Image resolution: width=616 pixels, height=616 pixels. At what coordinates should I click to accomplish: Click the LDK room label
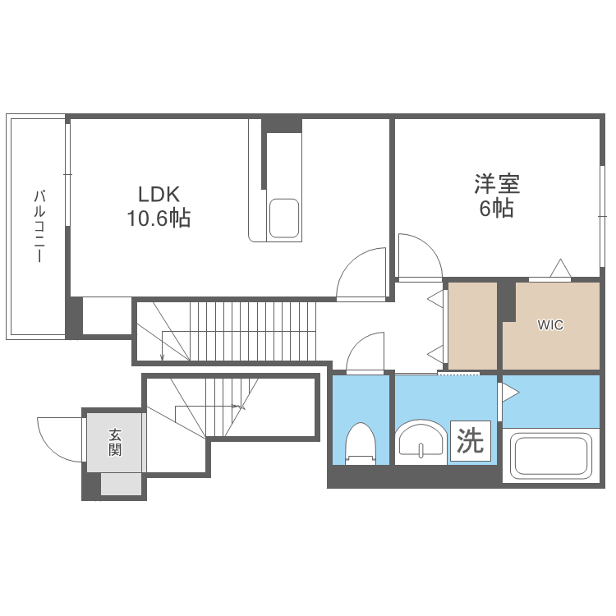pyautogui.click(x=158, y=195)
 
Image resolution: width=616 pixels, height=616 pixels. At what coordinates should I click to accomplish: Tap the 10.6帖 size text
pyautogui.click(x=158, y=218)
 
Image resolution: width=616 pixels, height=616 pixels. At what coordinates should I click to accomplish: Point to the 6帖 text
pyautogui.click(x=497, y=209)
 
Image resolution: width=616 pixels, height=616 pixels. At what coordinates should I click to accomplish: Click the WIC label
pyautogui.click(x=550, y=325)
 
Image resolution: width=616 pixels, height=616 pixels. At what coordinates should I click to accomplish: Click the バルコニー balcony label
pyautogui.click(x=38, y=226)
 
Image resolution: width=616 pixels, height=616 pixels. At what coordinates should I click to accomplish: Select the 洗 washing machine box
pyautogui.click(x=470, y=441)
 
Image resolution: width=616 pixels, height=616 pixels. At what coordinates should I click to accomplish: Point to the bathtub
pyautogui.click(x=550, y=456)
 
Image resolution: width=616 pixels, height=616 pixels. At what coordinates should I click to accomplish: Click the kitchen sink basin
pyautogui.click(x=284, y=218)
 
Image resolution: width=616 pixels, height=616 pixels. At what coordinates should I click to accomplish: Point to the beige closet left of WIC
pyautogui.click(x=471, y=325)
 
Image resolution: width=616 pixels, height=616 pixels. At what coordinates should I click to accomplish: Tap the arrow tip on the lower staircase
pyautogui.click(x=242, y=406)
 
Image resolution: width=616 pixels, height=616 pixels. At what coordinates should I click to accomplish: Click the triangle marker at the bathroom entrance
pyautogui.click(x=510, y=393)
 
